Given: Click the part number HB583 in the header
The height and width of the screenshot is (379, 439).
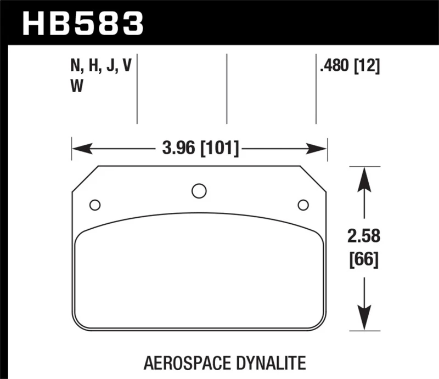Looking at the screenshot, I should [x=82, y=22].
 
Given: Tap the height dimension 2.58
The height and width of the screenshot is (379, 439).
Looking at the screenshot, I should [x=363, y=237].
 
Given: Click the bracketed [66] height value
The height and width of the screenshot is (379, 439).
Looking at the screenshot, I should [x=363, y=258].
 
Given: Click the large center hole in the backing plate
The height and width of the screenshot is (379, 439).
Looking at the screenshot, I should [x=199, y=191].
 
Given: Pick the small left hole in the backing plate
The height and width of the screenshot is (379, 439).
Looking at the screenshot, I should [x=94, y=205].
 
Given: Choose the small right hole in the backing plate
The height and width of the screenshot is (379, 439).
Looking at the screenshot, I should [x=302, y=205].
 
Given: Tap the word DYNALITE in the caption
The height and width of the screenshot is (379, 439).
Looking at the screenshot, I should [x=273, y=363].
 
